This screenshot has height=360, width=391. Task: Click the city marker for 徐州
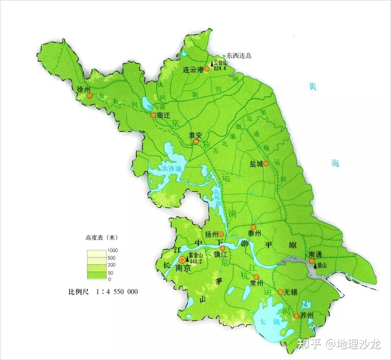[90, 96]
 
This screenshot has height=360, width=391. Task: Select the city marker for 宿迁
[153, 115]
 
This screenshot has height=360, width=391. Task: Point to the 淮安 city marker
[196, 142]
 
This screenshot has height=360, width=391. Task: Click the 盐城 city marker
[266, 164]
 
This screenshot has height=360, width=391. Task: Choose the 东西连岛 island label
[239, 56]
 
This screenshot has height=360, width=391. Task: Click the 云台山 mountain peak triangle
[212, 63]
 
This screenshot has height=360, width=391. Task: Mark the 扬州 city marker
[220, 234]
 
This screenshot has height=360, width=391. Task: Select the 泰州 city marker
[253, 227]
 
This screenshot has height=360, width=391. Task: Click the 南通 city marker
[312, 261]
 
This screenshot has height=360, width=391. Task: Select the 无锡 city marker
[280, 292]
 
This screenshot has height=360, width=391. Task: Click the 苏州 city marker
[297, 316]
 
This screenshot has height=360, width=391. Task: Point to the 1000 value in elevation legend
[113, 250]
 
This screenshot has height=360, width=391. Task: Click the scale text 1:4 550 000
[117, 292]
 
